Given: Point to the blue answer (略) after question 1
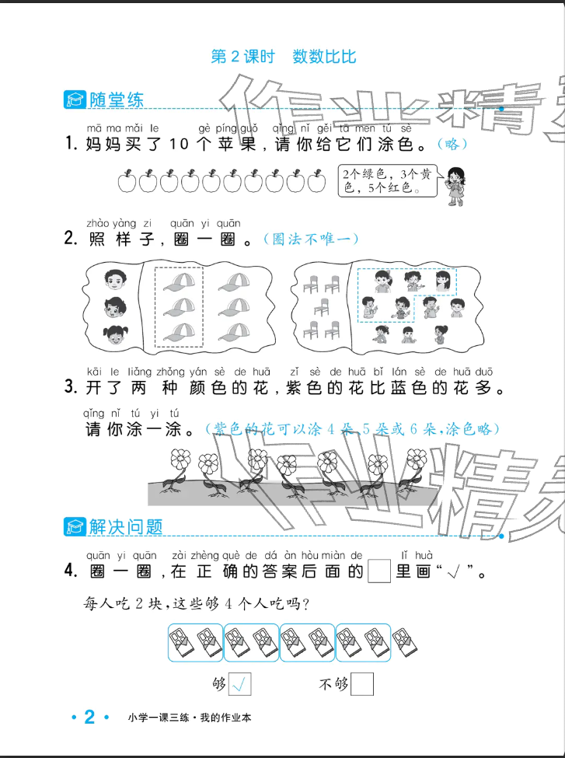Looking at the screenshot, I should [454, 144].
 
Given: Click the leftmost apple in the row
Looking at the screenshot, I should [126, 180].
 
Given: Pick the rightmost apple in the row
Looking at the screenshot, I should [315, 180].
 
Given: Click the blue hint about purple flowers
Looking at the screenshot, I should [347, 429].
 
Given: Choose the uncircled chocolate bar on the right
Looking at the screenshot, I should [404, 643].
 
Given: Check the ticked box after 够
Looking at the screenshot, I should [240, 685].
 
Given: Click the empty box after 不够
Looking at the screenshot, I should [361, 685].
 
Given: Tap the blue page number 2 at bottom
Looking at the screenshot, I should [89, 717].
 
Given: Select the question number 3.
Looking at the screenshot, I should [71, 386].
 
